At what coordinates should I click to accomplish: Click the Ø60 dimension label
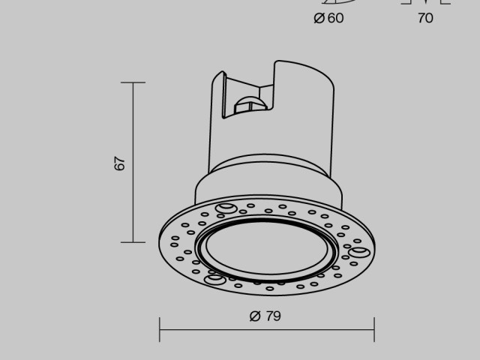(x=328, y=18)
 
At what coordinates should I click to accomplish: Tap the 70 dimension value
(x=425, y=18)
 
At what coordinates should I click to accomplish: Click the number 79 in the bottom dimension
(x=274, y=316)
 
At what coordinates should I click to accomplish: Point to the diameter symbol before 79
(x=254, y=316)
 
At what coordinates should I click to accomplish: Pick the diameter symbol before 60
(x=319, y=18)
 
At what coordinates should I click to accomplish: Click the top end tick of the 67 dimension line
(x=133, y=82)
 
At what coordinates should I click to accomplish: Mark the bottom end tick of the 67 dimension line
(x=133, y=242)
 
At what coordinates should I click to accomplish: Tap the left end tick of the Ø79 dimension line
(x=160, y=329)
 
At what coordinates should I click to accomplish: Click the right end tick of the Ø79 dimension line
(x=374, y=329)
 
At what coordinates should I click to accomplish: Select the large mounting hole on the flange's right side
(x=358, y=251)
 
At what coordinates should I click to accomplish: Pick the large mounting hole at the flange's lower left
(x=214, y=280)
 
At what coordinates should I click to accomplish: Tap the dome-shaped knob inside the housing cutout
(x=247, y=103)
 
